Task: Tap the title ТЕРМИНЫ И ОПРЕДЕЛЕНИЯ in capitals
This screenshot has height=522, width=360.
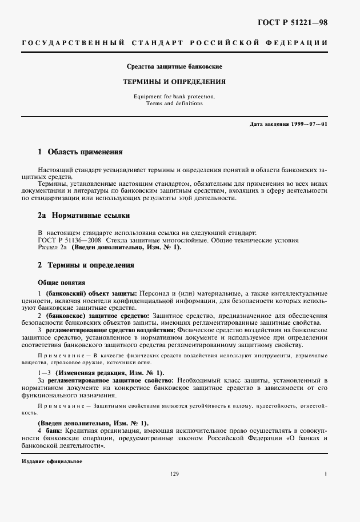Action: [x=174, y=82]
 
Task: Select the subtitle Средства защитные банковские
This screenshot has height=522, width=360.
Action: [x=174, y=67]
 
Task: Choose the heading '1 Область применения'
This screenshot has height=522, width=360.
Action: [x=80, y=153]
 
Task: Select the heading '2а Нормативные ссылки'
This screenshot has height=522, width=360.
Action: [x=83, y=216]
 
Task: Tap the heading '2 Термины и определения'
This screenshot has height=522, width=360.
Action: [x=86, y=265]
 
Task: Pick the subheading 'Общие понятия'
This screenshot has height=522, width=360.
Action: [x=62, y=282]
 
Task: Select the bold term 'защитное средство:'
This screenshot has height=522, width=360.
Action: [x=122, y=315]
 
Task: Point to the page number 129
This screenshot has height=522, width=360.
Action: [x=175, y=474]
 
